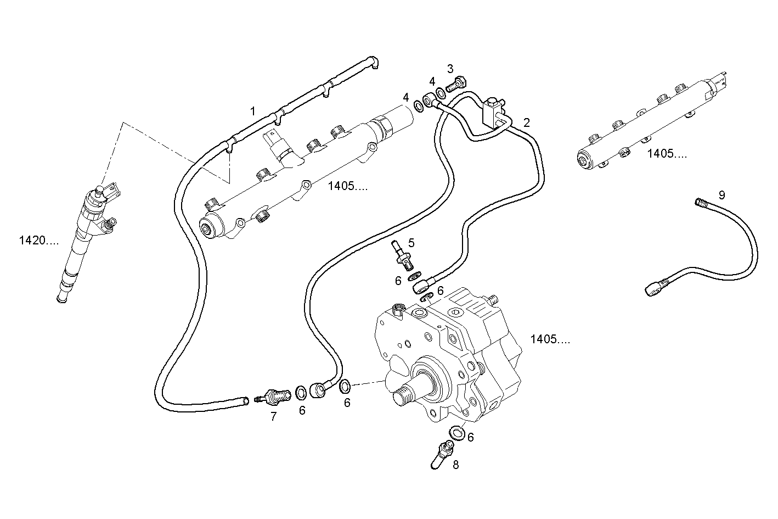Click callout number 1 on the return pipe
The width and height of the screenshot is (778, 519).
(253, 111)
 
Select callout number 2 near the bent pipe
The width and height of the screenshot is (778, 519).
(527, 122)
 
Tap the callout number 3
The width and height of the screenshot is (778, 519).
(450, 69)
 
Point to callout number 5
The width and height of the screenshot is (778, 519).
(411, 242)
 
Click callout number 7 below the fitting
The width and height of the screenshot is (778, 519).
(273, 417)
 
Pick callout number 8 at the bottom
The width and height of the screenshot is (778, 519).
(455, 465)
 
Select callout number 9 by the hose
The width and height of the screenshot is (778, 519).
(721, 195)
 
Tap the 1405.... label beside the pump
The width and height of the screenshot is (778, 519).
(550, 340)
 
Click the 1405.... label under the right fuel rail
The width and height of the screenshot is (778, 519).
(667, 154)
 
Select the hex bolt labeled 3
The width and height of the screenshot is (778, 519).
(456, 85)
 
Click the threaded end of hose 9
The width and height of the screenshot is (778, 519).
(701, 203)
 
